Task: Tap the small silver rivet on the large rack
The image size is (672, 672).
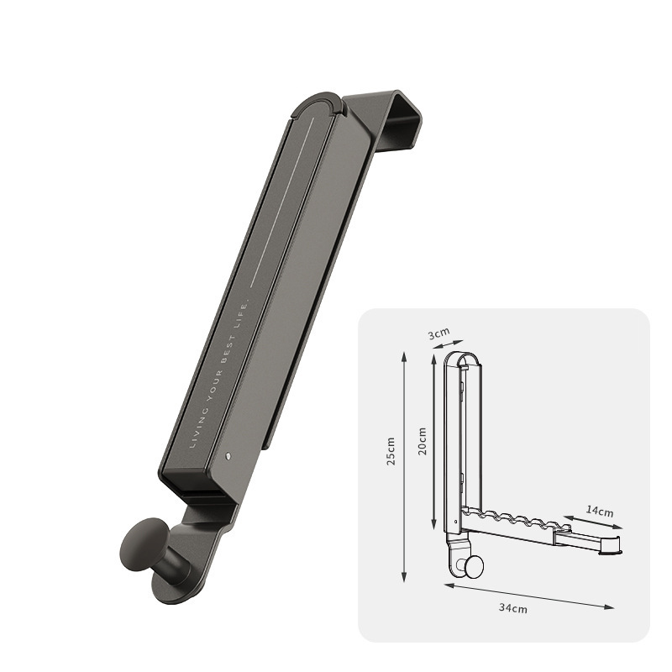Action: pos(228,456)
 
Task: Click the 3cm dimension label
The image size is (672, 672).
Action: pos(438,333)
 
